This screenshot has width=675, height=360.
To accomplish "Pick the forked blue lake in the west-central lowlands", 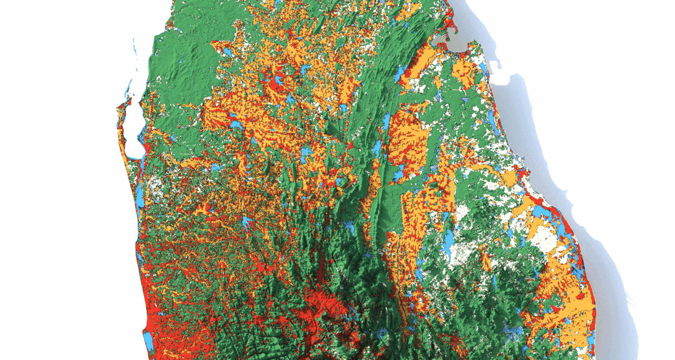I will pyautogui.click(x=246, y=223).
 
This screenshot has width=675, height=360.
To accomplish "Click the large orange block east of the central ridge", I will pyautogui.click(x=408, y=141).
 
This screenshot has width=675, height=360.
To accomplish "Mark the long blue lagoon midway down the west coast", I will pyautogui.click(x=140, y=195).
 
